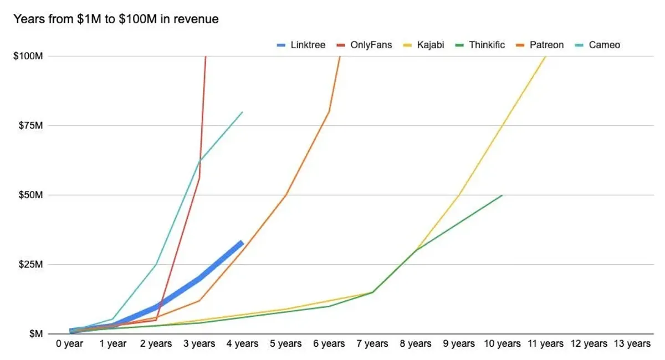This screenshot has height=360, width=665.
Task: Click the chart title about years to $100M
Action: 116,19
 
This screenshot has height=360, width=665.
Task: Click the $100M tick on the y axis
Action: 28,56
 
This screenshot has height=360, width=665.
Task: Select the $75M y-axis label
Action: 30,126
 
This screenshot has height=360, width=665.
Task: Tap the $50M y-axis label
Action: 30,195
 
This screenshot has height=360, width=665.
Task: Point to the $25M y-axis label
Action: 30,264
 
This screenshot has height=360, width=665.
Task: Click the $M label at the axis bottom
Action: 34,333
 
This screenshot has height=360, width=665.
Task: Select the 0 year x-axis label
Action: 69,344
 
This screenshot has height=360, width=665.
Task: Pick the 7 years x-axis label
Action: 372,344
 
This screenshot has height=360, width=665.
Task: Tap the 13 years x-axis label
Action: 632,344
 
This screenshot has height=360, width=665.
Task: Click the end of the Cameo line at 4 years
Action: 242,112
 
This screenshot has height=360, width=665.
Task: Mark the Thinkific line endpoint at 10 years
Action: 502,195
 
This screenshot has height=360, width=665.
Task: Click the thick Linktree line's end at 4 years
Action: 242,242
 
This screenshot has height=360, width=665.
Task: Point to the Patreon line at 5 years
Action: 285,195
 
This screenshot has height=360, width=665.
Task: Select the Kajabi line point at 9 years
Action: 459,195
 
